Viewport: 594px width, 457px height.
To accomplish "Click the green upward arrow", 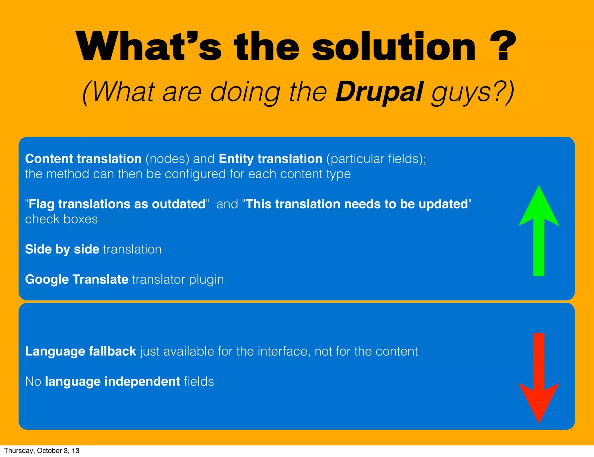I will click(539, 232).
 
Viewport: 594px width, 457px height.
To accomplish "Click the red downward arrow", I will click(539, 377).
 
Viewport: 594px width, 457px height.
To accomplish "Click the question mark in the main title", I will click(503, 46).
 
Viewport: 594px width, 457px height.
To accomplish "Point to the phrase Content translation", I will click(83, 159).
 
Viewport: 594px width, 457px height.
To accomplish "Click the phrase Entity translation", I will click(270, 159).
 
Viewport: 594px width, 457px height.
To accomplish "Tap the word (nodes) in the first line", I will click(167, 159).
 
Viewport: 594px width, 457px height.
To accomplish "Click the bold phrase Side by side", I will click(62, 249).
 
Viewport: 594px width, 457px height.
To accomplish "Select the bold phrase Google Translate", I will click(77, 280).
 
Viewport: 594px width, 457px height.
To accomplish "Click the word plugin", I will click(206, 280).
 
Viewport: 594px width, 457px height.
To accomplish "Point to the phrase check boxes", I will click(61, 219).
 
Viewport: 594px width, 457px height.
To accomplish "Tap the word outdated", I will click(179, 204).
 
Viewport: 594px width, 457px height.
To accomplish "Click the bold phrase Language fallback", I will click(80, 351).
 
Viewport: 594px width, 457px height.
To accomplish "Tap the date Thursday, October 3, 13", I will click(41, 451).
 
